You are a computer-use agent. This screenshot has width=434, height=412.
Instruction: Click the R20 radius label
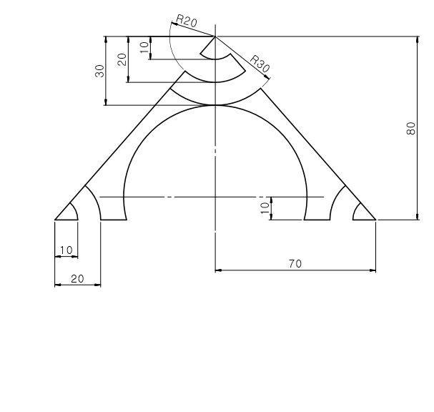pos(187,21)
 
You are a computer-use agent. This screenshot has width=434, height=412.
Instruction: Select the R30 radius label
pos(260,64)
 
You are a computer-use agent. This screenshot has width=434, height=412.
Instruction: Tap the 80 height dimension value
pos(411,128)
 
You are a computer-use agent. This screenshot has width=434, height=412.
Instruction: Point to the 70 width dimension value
pos(295,264)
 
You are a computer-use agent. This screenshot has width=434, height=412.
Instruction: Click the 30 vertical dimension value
pos(99,71)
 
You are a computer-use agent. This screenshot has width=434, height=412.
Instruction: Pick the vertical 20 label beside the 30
pos(122,59)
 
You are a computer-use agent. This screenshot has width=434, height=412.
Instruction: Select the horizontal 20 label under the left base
pos(77,278)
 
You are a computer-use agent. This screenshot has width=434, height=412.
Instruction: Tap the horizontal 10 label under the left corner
pos(66,250)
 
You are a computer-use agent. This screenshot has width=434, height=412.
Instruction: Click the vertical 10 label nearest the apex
pos(144,48)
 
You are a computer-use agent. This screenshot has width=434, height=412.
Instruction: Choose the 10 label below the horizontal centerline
pos(265,208)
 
